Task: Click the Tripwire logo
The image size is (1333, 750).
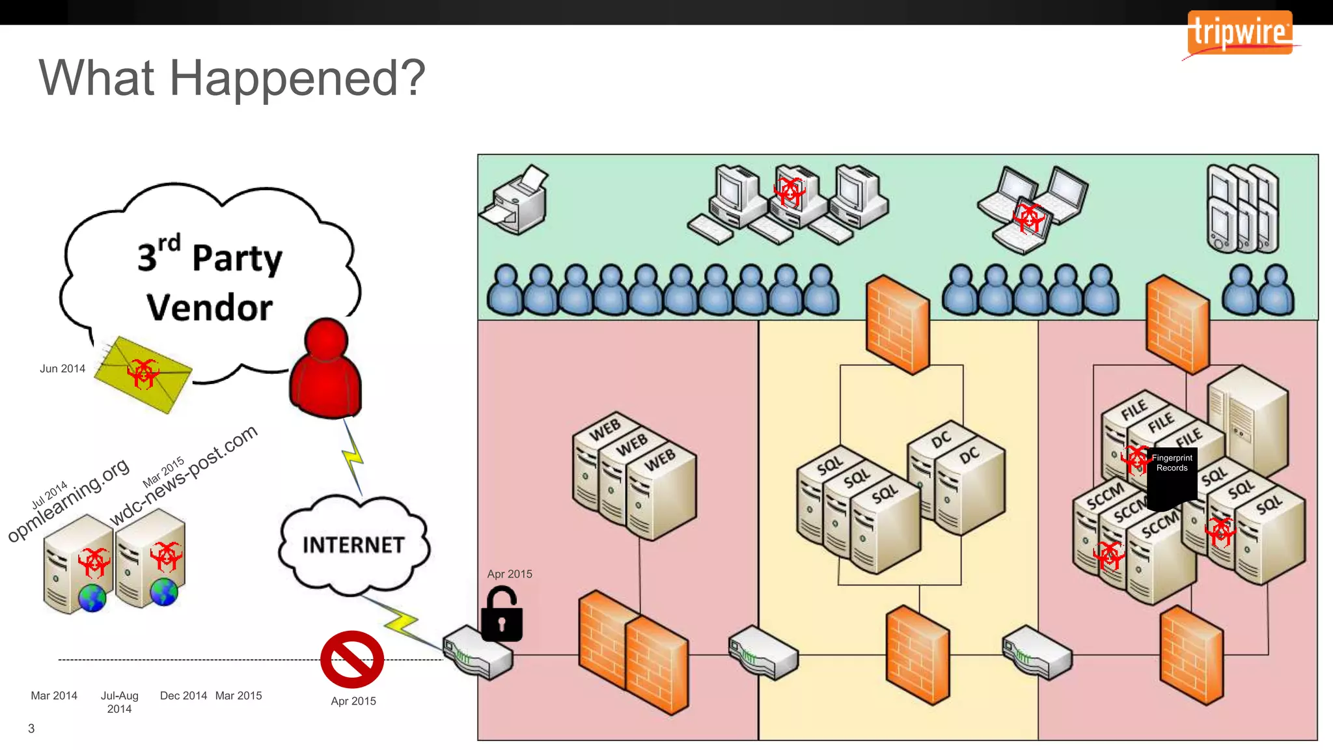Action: pyautogui.click(x=1239, y=33)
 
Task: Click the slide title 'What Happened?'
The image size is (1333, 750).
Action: pyautogui.click(x=232, y=78)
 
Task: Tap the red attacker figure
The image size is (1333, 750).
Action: pyautogui.click(x=325, y=368)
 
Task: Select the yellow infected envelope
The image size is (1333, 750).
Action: pyautogui.click(x=143, y=374)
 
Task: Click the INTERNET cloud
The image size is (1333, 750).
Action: pyautogui.click(x=353, y=545)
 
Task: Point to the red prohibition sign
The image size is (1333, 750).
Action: pyautogui.click(x=352, y=659)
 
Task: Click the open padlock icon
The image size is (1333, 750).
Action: pyautogui.click(x=502, y=615)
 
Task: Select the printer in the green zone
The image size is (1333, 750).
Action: pyautogui.click(x=515, y=200)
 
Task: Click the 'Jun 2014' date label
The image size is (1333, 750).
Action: pyautogui.click(x=62, y=368)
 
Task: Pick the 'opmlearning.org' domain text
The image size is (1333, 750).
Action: pyautogui.click(x=69, y=500)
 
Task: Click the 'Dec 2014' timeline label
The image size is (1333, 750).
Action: pyautogui.click(x=184, y=695)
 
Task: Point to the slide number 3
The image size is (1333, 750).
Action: pyautogui.click(x=31, y=729)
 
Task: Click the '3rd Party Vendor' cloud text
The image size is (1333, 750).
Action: pyautogui.click(x=210, y=281)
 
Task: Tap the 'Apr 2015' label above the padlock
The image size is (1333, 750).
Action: pyautogui.click(x=510, y=574)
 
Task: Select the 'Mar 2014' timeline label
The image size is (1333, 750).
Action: pyautogui.click(x=54, y=695)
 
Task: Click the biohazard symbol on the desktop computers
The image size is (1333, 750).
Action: pyautogui.click(x=790, y=192)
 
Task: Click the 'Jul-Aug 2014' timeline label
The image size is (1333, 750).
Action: pyautogui.click(x=120, y=702)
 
